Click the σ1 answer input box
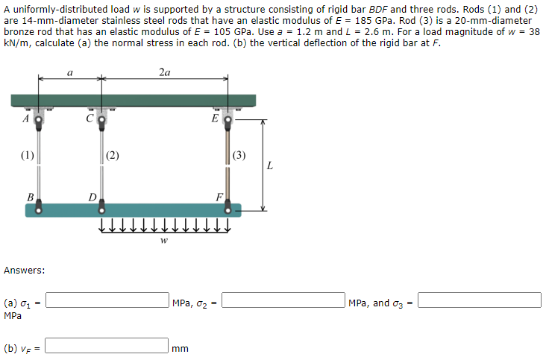tap(107, 300)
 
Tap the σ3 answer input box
tap(480, 300)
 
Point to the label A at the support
tap(25, 118)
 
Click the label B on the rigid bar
tap(30, 198)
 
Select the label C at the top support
tap(90, 118)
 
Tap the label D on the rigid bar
tap(91, 198)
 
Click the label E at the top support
tap(216, 118)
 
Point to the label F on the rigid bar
tap(219, 198)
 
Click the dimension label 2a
tap(164, 72)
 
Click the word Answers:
tap(24, 270)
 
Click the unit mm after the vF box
tap(180, 347)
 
